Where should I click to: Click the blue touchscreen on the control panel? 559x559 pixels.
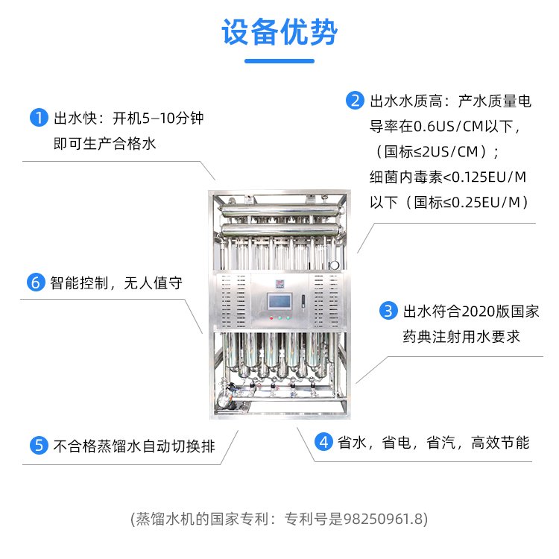pos(279,302)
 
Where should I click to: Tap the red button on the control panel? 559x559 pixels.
pos(271,318)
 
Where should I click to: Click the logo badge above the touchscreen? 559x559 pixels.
pos(279,284)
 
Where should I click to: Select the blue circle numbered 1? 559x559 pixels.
pos(39,118)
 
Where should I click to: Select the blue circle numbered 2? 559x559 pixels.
pos(355,101)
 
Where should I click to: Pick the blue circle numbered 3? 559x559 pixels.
pos(388,311)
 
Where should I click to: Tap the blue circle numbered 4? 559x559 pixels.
pos(323,442)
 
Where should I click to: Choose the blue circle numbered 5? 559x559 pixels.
pos(39,446)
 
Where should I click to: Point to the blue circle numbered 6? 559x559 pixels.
pos(36,282)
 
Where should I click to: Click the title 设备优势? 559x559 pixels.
pos(279,32)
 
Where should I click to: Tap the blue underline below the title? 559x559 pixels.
pos(279,61)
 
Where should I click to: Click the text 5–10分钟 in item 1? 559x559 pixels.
pos(173,118)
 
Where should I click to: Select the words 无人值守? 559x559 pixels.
pos(153,283)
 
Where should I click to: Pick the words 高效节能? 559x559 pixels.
pos(500,443)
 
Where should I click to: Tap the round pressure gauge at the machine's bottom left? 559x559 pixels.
pos(224,398)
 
